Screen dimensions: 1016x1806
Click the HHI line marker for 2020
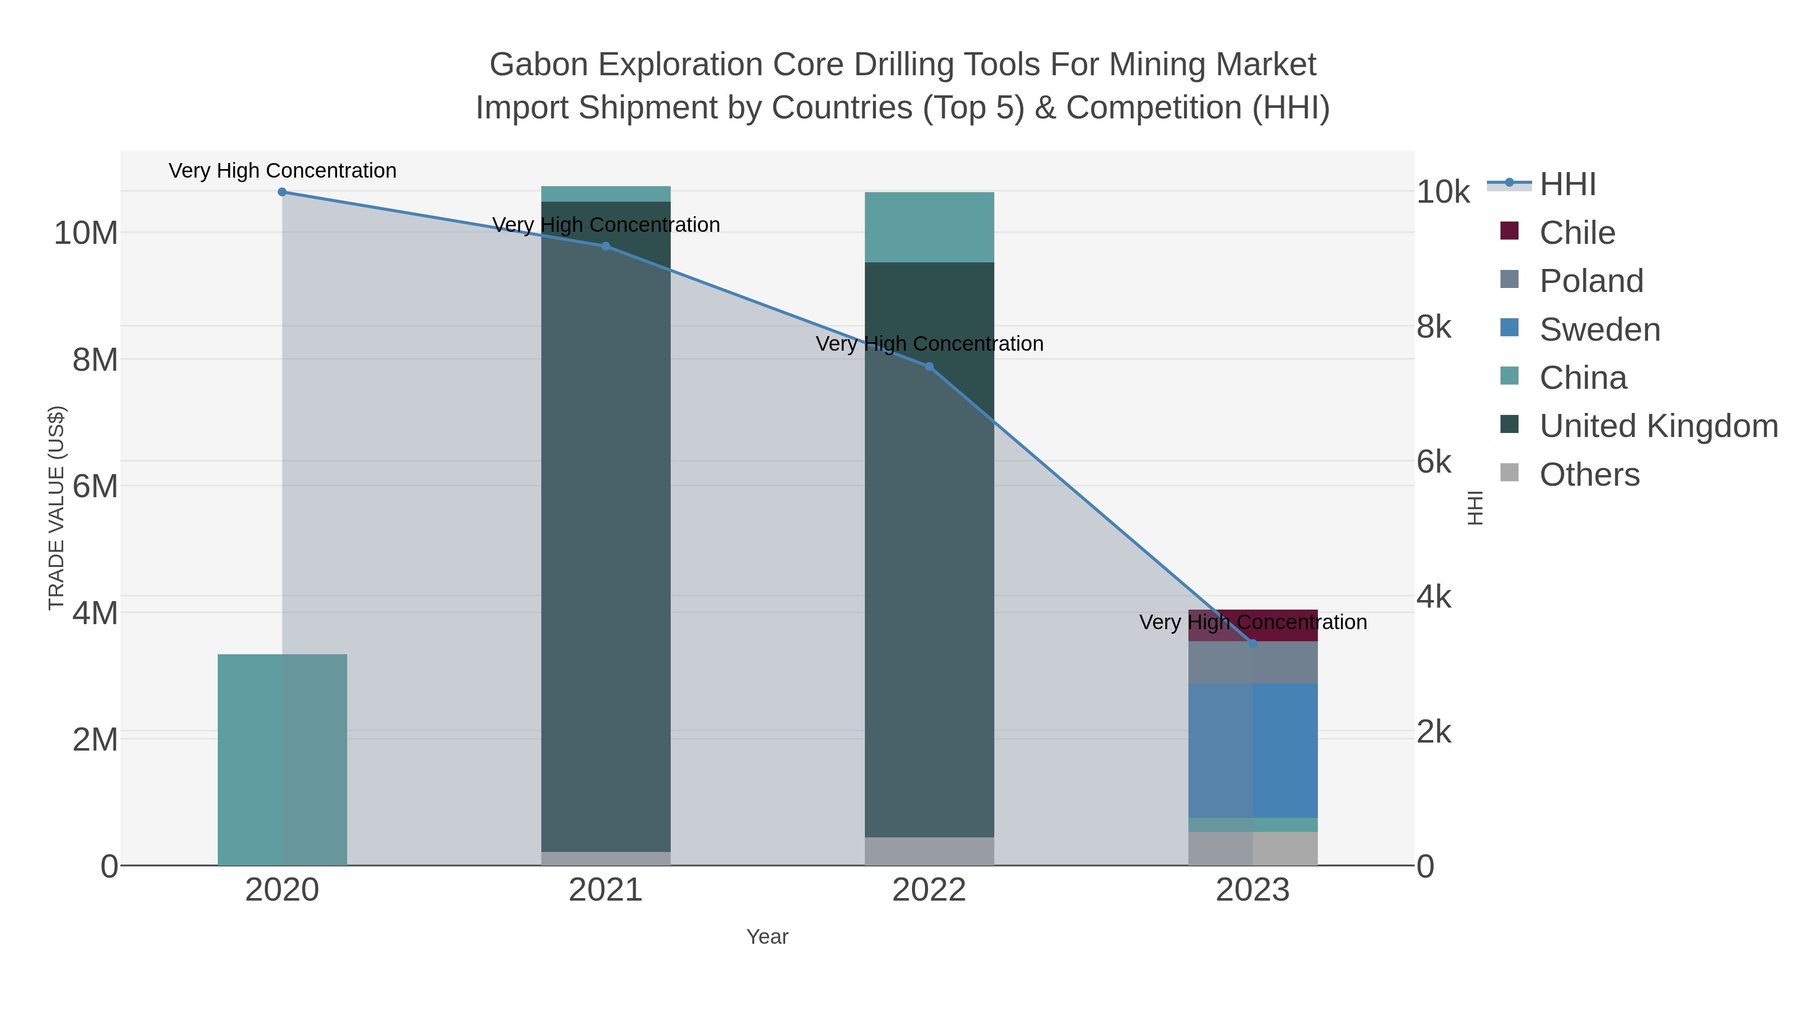282,192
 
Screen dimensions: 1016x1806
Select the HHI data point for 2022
929,367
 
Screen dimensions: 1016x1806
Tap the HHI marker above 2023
1253,643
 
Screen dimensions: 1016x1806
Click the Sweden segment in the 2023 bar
1253,750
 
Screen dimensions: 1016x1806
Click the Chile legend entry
1577,233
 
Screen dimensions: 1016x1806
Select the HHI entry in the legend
1568,185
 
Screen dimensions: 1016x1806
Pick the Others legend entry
1589,475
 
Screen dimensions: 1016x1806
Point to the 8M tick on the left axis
95,360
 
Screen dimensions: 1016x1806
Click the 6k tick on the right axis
1434,462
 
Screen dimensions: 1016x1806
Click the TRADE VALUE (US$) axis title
56,508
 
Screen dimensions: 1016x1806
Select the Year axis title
767,937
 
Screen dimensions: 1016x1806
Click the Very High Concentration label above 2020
282,171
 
